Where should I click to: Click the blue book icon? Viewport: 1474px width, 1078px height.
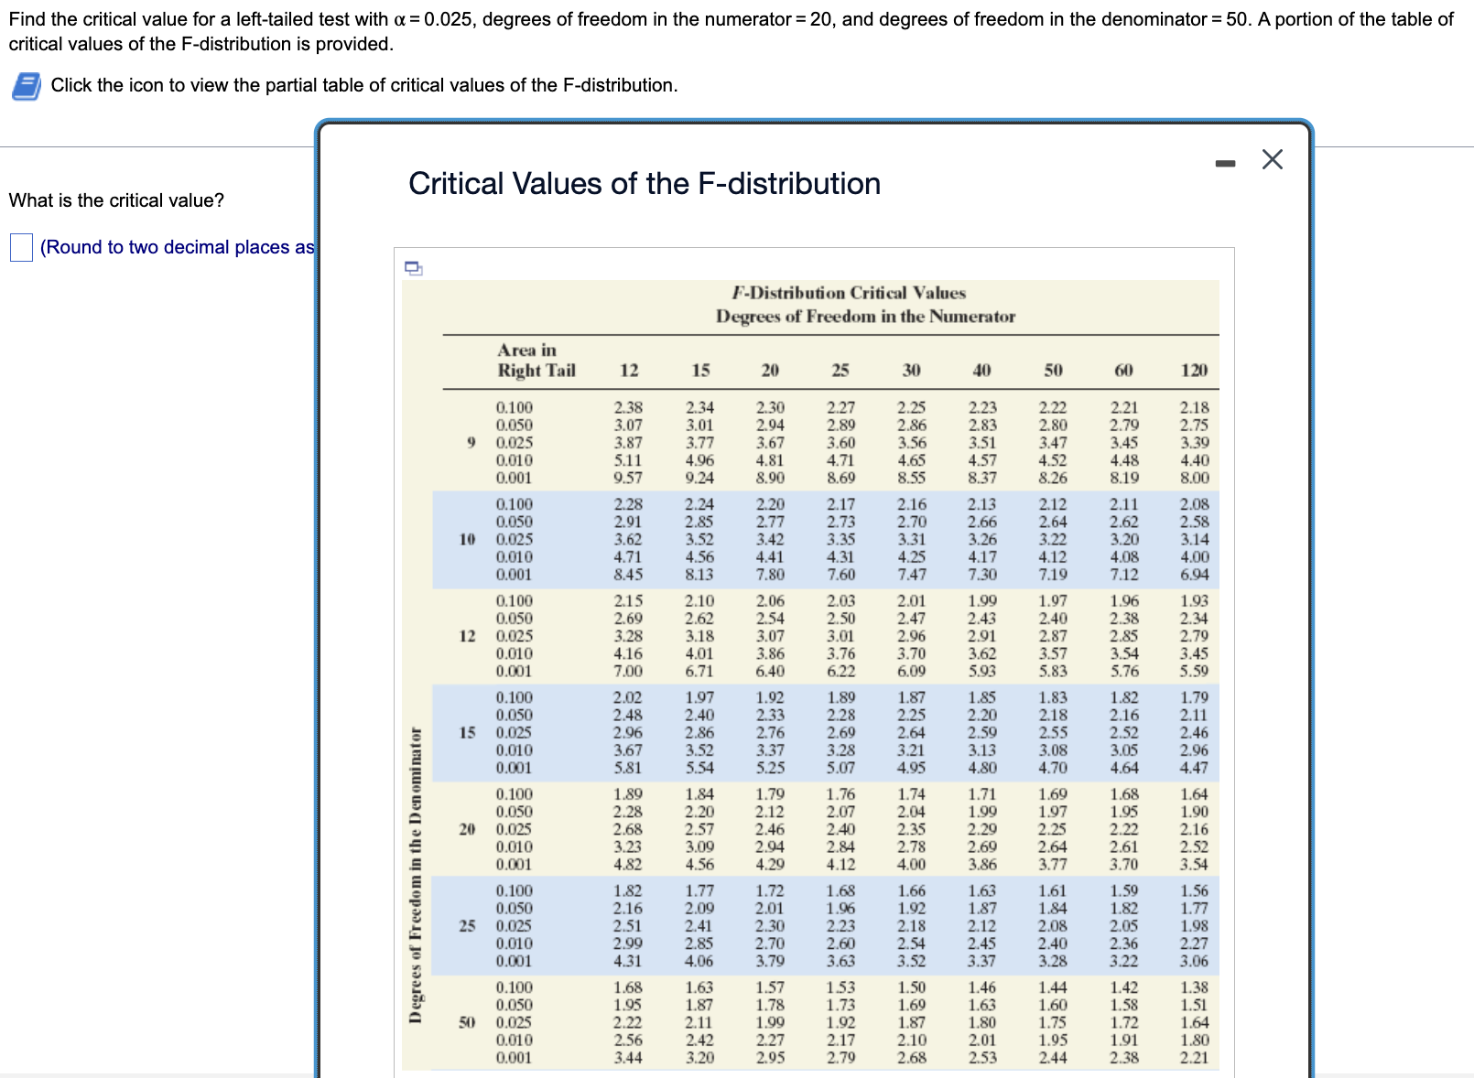[x=27, y=86]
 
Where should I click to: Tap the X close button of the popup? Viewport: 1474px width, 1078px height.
[x=1272, y=159]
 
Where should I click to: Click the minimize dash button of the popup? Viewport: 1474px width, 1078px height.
[x=1225, y=164]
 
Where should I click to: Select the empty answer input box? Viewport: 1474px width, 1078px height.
[x=21, y=247]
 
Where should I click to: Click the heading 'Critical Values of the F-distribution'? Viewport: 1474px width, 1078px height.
[x=644, y=184]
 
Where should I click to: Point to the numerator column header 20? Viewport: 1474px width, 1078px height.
[x=770, y=371]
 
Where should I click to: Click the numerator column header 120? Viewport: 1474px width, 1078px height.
[x=1194, y=371]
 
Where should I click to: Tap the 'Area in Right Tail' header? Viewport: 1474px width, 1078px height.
[x=536, y=361]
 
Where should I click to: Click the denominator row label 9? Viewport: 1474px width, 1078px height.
[x=471, y=443]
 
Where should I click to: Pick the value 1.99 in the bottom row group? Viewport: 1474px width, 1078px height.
[x=770, y=1022]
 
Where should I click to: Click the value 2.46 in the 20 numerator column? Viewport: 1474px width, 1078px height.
[x=770, y=829]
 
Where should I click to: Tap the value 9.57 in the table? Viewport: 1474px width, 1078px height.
[x=628, y=478]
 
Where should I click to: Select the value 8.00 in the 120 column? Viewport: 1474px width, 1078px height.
[x=1194, y=478]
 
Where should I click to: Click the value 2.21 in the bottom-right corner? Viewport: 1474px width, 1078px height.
[x=1194, y=1058]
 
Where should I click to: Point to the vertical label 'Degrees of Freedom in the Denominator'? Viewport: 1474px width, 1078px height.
[x=416, y=875]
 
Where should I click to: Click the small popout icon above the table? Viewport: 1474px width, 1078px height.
[x=414, y=268]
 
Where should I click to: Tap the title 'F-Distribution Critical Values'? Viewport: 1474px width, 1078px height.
[x=849, y=293]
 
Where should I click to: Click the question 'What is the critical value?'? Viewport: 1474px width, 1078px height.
[x=116, y=200]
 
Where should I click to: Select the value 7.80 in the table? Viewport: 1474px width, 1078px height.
[x=770, y=575]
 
